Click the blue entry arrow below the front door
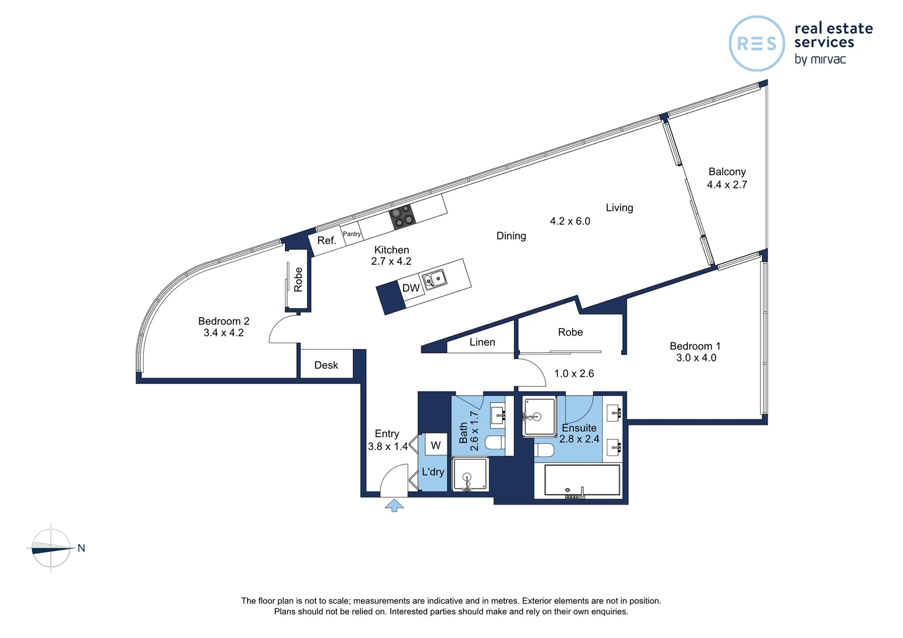click(394, 506)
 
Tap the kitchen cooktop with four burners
click(402, 217)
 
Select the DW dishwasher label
click(411, 288)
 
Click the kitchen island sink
click(434, 279)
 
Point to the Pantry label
click(352, 234)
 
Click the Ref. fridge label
click(327, 240)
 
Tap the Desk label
click(326, 365)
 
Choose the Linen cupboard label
click(482, 342)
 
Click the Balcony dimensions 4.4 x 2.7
click(727, 184)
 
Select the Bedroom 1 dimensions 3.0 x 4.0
click(696, 358)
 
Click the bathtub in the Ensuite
click(582, 480)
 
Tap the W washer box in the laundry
click(436, 445)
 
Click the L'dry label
click(433, 471)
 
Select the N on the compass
click(81, 548)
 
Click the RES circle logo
click(756, 44)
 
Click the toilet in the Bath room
click(495, 442)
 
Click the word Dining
click(511, 236)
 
